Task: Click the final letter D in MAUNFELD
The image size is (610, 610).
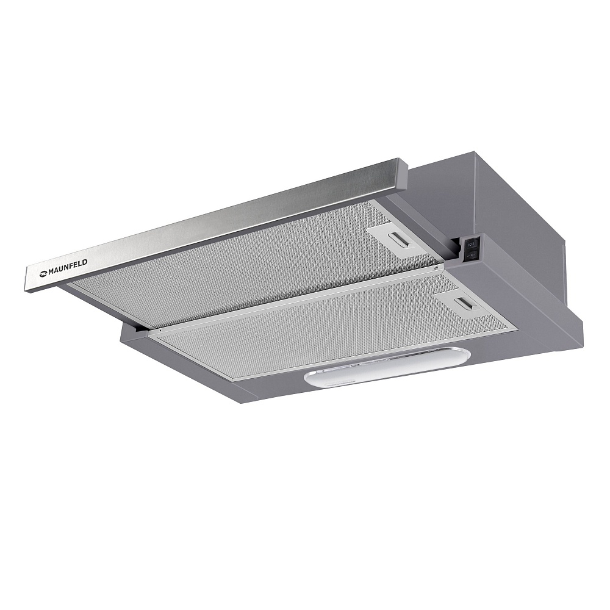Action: (x=85, y=262)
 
